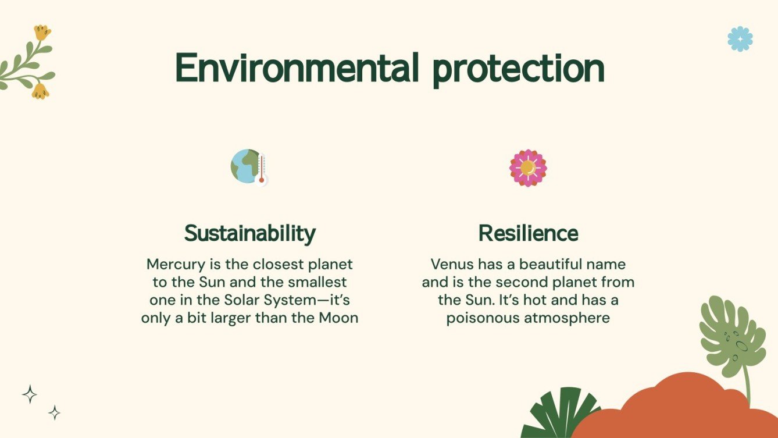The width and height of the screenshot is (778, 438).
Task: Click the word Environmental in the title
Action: click(x=297, y=69)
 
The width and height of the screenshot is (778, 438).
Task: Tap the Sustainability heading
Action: click(x=249, y=233)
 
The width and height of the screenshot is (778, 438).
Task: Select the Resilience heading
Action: click(x=528, y=233)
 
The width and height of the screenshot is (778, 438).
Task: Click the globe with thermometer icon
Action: click(x=249, y=167)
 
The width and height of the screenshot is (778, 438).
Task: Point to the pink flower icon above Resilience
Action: click(x=528, y=168)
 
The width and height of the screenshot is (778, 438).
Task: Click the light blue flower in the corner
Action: click(x=740, y=39)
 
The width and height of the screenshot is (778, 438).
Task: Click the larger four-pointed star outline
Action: click(x=30, y=394)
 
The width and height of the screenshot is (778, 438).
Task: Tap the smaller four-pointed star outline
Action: click(x=54, y=412)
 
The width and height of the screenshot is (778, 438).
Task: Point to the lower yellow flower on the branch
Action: click(x=40, y=91)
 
